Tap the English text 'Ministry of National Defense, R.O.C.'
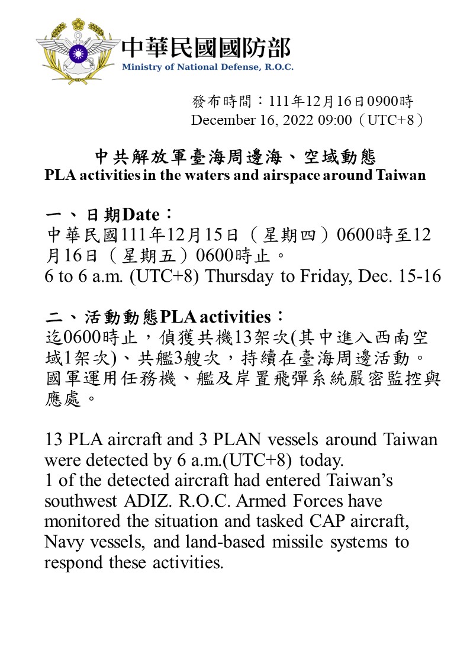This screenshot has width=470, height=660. point(207,67)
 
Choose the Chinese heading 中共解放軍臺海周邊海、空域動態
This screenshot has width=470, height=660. point(236,157)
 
